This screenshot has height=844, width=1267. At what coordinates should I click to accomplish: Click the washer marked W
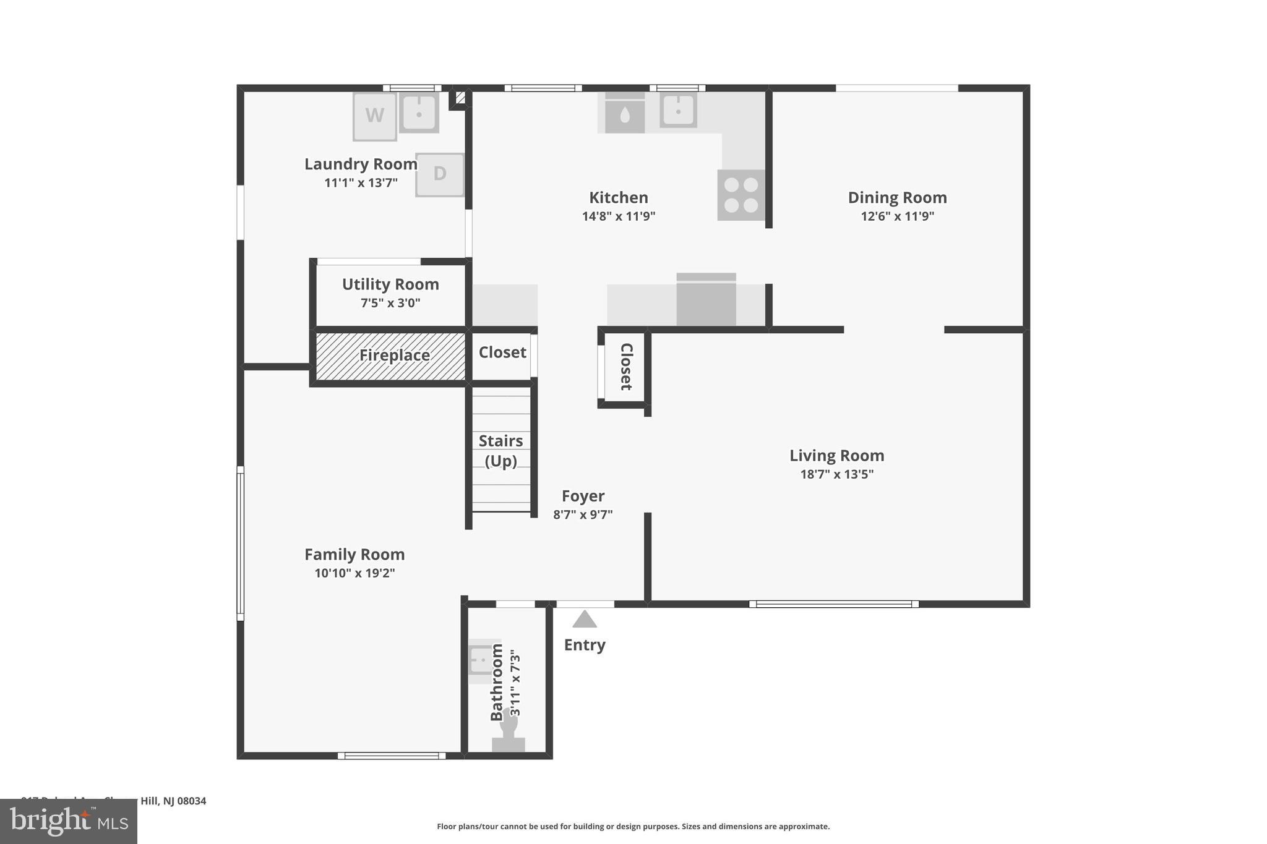pos(374,116)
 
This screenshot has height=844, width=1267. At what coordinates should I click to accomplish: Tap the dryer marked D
pos(439,174)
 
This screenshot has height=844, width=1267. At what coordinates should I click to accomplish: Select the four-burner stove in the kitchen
pos(741,195)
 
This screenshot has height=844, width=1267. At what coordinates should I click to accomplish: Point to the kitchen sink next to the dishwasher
pos(678,111)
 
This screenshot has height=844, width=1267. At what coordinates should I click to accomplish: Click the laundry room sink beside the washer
pos(419,113)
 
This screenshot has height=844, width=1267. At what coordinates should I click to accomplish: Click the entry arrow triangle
pos(584,619)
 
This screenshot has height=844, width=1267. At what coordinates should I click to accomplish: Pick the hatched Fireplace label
pos(394,356)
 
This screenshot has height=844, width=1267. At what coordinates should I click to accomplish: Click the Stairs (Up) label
pos(500,451)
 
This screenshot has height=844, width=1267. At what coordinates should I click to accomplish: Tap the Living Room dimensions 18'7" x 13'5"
pos(836,474)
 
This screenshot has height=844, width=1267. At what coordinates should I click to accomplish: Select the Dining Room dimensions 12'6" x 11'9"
pos(897,216)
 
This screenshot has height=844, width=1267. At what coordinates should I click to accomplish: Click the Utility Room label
pos(390,284)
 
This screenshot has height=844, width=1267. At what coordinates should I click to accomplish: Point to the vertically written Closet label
pos(626,367)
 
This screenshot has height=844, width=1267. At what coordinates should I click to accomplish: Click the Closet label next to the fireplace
pos(502,352)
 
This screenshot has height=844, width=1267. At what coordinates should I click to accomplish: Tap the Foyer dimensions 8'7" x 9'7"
pos(583,514)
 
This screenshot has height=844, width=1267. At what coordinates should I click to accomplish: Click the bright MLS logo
pos(69,821)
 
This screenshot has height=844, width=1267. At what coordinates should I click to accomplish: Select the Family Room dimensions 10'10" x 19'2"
pos(354,573)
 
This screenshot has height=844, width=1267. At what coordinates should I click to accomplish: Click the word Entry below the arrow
pos(584,645)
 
